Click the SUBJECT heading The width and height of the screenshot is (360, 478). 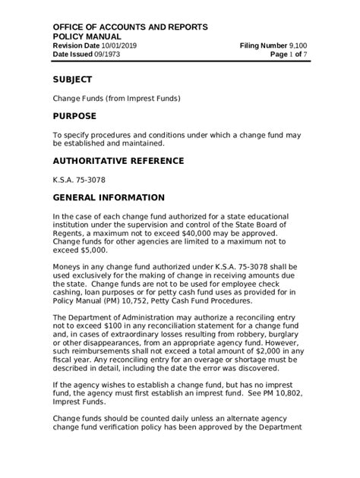tap(72, 79)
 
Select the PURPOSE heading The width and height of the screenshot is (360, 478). tap(74, 116)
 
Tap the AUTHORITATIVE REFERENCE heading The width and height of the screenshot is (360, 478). tap(118, 161)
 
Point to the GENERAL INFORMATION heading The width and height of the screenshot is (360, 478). tap(109, 197)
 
